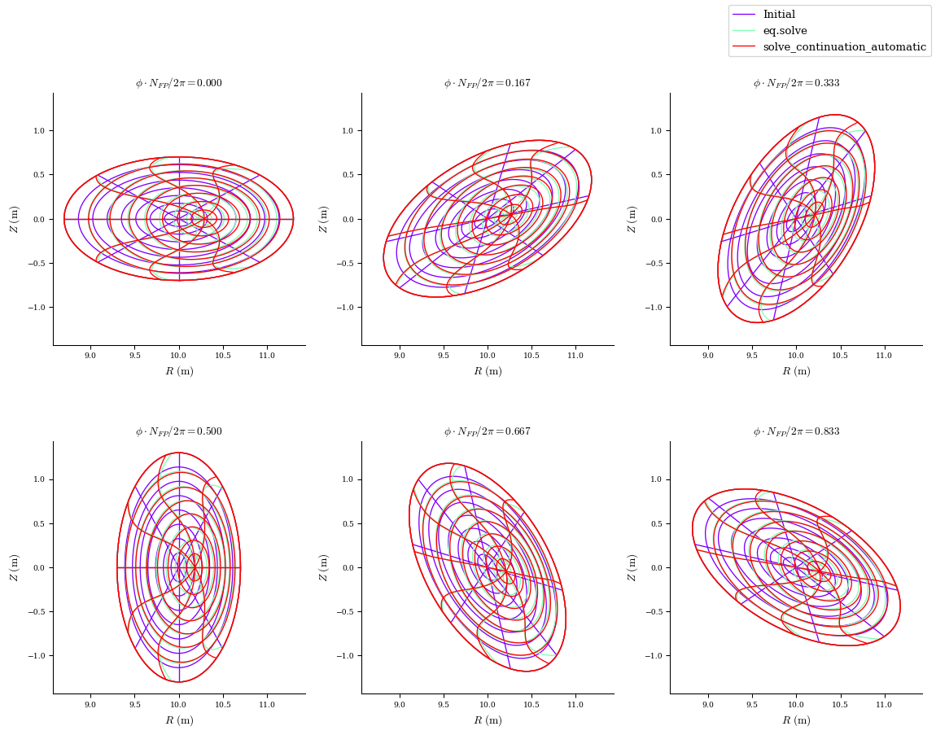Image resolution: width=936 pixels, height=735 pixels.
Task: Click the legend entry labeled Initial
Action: tap(779, 15)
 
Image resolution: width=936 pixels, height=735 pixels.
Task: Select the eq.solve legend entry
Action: tap(785, 31)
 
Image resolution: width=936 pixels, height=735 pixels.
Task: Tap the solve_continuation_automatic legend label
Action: tap(844, 47)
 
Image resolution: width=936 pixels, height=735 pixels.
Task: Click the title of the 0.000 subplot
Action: tap(179, 83)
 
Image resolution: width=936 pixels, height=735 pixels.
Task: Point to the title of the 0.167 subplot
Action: tap(488, 83)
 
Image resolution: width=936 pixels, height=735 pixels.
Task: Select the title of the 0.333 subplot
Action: tap(796, 83)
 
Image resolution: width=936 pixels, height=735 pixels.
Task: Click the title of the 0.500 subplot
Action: tap(179, 431)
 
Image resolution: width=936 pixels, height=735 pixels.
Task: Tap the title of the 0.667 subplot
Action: tap(488, 431)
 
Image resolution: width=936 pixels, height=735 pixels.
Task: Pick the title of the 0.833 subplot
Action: tap(796, 431)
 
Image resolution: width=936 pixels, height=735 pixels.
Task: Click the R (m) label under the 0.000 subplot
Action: tap(179, 372)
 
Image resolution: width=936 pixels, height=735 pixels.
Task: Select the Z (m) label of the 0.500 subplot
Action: tap(14, 567)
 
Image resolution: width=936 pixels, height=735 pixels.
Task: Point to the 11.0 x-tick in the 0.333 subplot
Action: tap(884, 356)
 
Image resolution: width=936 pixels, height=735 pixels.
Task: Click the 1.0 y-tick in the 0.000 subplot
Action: tap(38, 130)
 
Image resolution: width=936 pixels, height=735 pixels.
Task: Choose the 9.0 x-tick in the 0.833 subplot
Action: tap(708, 704)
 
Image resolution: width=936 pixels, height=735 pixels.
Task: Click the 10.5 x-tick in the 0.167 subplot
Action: tap(531, 356)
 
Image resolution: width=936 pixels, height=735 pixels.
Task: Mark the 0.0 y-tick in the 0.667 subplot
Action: tap(347, 567)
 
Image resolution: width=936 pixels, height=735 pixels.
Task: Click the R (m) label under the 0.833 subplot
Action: tap(796, 720)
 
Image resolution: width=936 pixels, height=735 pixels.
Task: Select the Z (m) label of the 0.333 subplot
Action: tap(631, 219)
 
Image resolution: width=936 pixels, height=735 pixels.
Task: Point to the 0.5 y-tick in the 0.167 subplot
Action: tap(347, 175)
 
